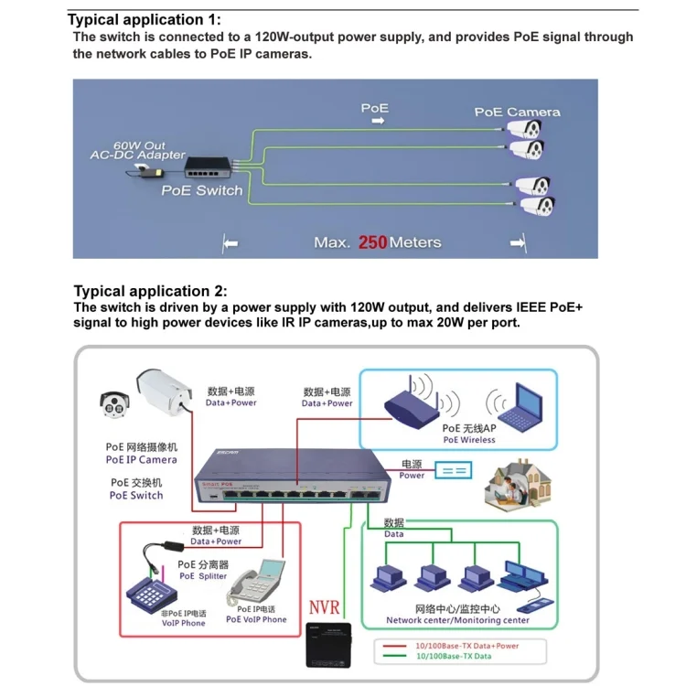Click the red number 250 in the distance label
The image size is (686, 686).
pyautogui.click(x=373, y=242)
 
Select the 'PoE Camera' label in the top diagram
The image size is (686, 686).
pyautogui.click(x=517, y=113)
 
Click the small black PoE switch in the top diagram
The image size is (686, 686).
pyautogui.click(x=210, y=166)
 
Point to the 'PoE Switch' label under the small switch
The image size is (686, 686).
pyautogui.click(x=202, y=191)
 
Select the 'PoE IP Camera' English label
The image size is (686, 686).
pyautogui.click(x=141, y=460)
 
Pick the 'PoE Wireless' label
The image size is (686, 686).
pyautogui.click(x=469, y=440)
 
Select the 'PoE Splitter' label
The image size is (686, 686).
pyautogui.click(x=203, y=576)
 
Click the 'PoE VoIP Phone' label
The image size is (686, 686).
pyautogui.click(x=256, y=619)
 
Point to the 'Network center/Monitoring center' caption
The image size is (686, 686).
pyautogui.click(x=457, y=620)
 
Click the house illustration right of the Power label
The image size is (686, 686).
pyautogui.click(x=513, y=484)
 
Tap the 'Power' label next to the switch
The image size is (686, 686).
pyautogui.click(x=413, y=476)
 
